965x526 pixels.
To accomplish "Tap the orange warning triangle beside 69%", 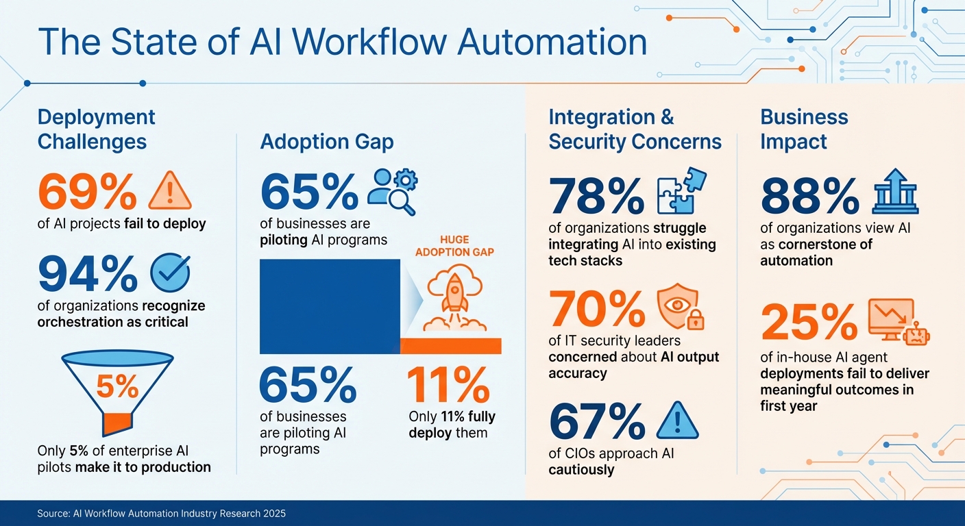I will tap(170, 191).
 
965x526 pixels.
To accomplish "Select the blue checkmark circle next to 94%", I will tap(169, 273).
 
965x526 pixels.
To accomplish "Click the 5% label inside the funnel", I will tap(117, 388).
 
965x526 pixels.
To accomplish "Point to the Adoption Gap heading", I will tap(327, 142).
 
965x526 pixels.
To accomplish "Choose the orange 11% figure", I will tap(448, 386).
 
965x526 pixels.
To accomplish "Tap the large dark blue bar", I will tap(330, 306).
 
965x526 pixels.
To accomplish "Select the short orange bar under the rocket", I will tap(450, 346).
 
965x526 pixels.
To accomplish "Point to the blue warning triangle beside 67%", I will tap(677, 421).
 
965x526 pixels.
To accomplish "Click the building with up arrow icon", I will tap(895, 191).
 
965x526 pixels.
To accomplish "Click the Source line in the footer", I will tap(161, 513).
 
